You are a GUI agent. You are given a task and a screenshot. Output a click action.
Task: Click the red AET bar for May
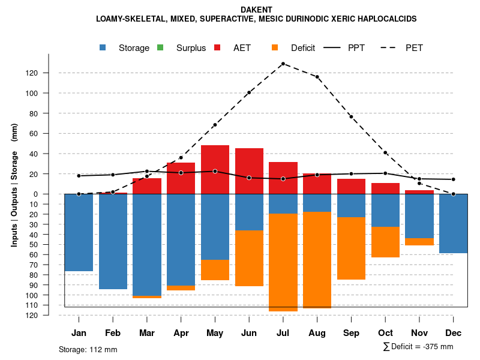click(215, 169)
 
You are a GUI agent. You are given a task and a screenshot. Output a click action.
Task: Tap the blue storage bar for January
click(79, 232)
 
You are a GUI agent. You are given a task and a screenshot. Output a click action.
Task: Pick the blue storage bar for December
click(453, 223)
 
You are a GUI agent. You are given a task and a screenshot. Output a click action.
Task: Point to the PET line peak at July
click(283, 64)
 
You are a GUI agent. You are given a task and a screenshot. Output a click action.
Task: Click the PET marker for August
click(317, 77)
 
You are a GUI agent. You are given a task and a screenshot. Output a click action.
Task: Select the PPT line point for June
click(249, 178)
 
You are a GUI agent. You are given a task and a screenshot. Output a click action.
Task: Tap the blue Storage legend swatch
click(103, 48)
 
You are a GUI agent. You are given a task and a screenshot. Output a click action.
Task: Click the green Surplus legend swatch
click(160, 48)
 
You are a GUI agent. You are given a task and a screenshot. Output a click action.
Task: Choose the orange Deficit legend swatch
click(275, 48)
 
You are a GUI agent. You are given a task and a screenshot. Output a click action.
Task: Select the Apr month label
click(181, 333)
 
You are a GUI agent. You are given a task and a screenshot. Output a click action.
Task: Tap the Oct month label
click(385, 333)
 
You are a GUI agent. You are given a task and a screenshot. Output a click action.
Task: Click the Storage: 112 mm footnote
click(88, 349)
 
